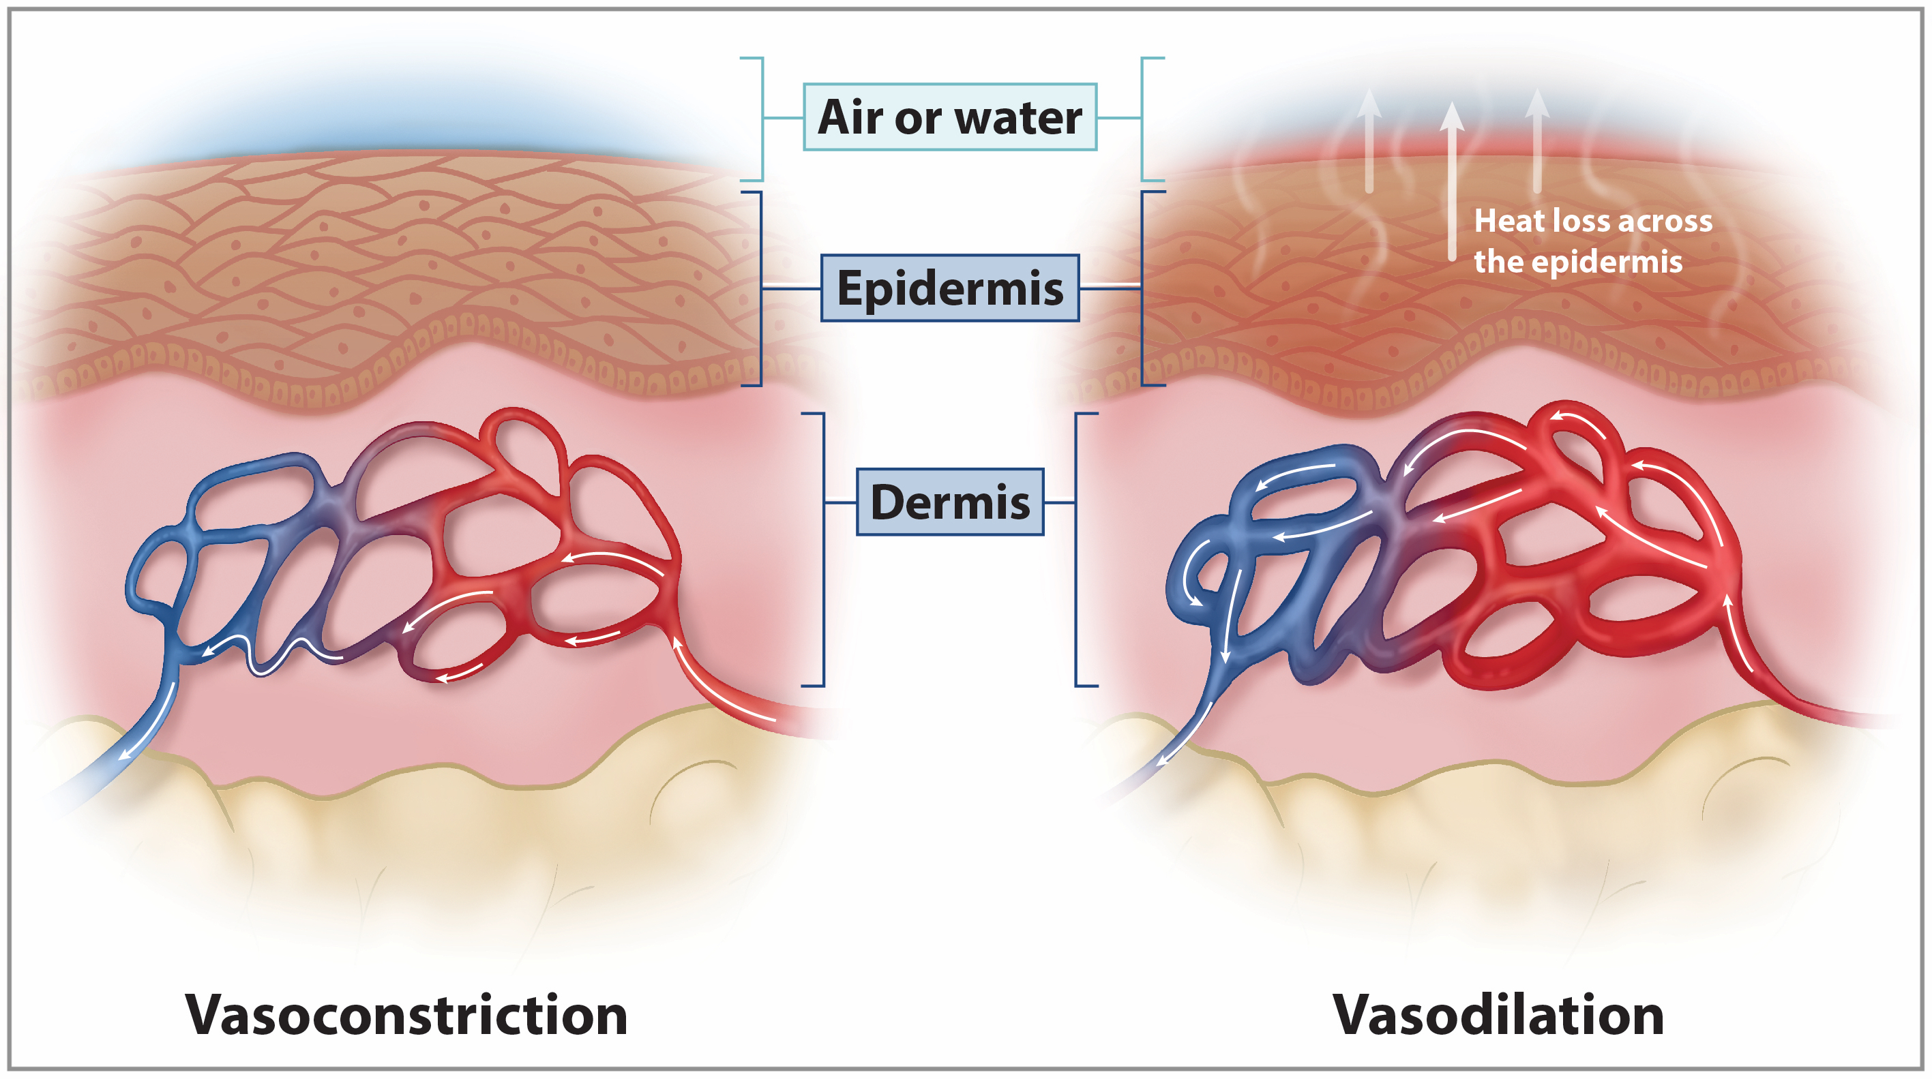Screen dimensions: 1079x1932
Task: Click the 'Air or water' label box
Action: (949, 117)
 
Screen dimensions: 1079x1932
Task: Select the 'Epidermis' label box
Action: (949, 288)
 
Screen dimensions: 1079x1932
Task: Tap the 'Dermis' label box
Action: (949, 502)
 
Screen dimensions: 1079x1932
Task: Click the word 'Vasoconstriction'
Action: (406, 1014)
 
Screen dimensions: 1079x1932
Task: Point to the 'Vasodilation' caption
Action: (1498, 1014)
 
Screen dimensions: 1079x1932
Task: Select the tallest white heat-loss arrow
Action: (1452, 180)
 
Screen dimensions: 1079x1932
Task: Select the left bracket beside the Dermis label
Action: (822, 549)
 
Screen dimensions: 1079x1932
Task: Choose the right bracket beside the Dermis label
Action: (1077, 549)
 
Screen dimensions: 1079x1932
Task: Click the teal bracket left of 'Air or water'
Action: (761, 119)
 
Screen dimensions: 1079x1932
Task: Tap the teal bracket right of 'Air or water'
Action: (1142, 119)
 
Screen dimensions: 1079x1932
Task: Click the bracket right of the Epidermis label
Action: (1142, 288)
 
